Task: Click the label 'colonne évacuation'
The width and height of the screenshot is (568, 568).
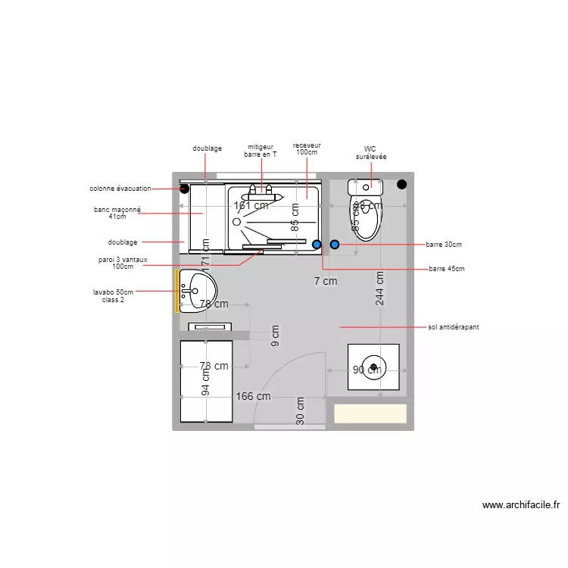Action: click(x=120, y=189)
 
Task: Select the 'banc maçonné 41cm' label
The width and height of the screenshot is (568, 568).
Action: click(x=117, y=213)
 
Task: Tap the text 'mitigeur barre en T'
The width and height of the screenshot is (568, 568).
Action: click(x=261, y=151)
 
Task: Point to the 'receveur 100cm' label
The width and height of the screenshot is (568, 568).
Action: click(x=307, y=148)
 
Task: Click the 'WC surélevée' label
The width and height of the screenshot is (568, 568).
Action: click(x=370, y=152)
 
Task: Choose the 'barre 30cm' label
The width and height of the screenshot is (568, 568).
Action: click(x=444, y=245)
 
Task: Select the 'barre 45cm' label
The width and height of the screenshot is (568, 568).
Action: click(x=446, y=269)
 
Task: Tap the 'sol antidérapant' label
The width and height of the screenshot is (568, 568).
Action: click(x=453, y=327)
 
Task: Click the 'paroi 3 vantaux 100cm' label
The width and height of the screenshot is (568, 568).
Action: click(x=122, y=263)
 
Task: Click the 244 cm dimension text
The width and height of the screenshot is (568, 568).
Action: click(x=379, y=288)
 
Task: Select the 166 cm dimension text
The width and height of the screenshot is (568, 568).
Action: click(x=253, y=396)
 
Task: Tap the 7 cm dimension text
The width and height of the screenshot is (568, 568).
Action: click(x=326, y=281)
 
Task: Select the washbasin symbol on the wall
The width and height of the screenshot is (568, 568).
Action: click(x=199, y=290)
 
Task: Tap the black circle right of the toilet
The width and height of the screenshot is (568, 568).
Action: click(x=401, y=184)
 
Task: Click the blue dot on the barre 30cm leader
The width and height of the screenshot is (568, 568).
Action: click(x=334, y=245)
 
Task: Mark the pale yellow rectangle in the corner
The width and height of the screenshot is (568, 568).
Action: click(x=371, y=414)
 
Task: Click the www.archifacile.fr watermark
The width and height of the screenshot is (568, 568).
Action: click(x=520, y=505)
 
